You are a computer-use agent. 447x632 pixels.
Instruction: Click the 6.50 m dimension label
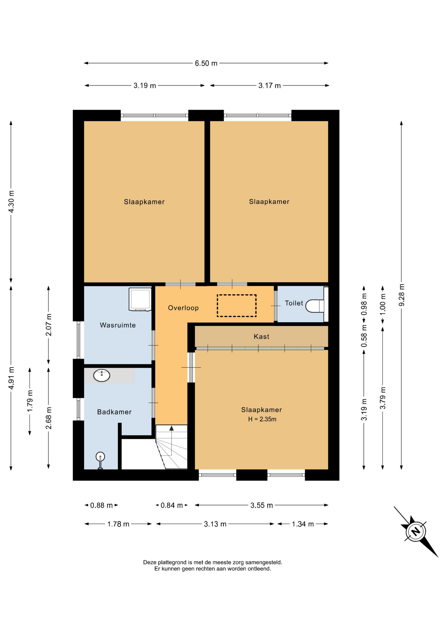[206, 63]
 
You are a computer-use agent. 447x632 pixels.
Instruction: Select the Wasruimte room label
[118, 325]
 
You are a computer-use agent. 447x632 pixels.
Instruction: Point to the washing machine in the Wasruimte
[140, 299]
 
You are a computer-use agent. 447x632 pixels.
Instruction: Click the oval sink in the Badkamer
[102, 375]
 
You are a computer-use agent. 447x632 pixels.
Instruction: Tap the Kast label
[261, 336]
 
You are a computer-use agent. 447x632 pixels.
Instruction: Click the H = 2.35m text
[262, 419]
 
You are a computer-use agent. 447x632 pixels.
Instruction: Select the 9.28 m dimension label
[402, 295]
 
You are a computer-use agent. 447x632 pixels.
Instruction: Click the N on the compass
[416, 531]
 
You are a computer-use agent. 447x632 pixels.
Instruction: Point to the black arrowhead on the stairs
[171, 428]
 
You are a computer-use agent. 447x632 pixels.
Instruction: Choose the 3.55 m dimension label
[262, 505]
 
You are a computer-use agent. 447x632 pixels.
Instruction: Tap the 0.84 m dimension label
[171, 505]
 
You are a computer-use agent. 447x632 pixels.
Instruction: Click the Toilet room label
[294, 303]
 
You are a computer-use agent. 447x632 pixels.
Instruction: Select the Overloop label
[183, 308]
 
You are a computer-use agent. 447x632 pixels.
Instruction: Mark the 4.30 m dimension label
[11, 201]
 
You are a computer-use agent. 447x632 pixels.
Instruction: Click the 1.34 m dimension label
[303, 524]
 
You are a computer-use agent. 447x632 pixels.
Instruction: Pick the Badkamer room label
[114, 412]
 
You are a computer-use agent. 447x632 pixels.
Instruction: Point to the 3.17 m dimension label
[269, 86]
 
